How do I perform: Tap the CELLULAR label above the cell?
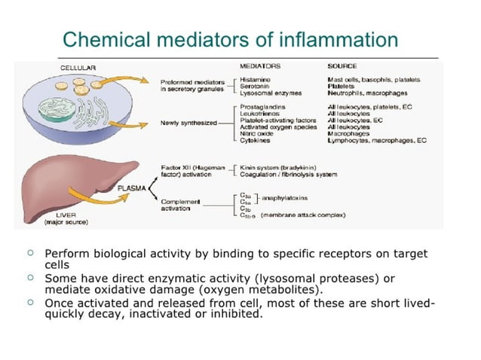pyautogui.click(x=78, y=68)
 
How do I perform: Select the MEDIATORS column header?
pyautogui.click(x=259, y=66)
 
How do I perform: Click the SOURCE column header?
pyautogui.click(x=342, y=66)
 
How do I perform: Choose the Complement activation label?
pyautogui.click(x=181, y=205)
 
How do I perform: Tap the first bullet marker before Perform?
pyautogui.click(x=29, y=252)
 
